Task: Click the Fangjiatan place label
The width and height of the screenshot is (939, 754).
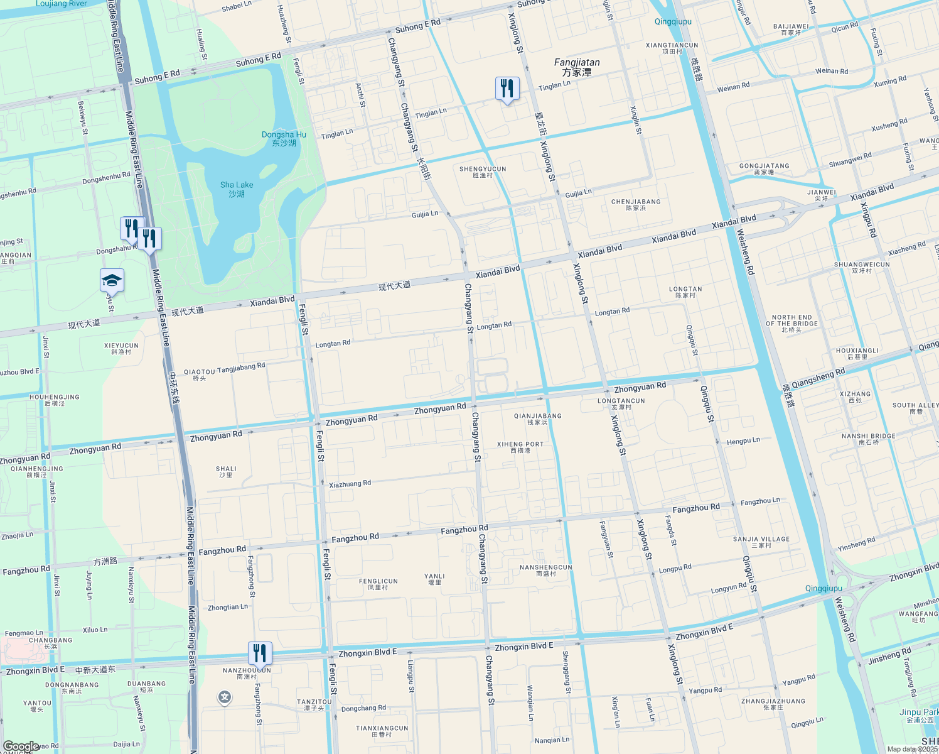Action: [577, 67]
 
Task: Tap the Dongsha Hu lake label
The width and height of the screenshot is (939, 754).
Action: [284, 139]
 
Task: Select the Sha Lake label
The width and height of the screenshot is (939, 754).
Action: [237, 189]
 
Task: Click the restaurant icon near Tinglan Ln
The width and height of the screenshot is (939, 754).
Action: [507, 89]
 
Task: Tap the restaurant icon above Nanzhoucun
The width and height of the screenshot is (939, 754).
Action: [260, 653]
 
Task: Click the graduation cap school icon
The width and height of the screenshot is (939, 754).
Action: [112, 280]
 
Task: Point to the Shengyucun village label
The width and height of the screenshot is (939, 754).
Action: [483, 172]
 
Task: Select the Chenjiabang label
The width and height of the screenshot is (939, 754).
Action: [636, 205]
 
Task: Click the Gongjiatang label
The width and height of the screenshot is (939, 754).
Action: [764, 169]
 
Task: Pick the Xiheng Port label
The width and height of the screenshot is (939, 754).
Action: [520, 447]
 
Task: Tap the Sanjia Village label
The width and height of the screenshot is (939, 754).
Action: [761, 542]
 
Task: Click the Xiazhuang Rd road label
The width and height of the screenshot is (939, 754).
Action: [350, 484]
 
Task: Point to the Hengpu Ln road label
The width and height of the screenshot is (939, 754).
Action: [743, 441]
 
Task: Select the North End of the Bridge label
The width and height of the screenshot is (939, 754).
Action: [791, 324]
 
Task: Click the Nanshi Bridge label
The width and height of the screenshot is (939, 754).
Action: [869, 439]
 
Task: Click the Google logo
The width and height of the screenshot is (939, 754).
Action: [21, 746]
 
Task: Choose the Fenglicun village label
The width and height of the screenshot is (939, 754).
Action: [378, 584]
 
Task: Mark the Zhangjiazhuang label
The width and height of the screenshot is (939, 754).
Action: [773, 704]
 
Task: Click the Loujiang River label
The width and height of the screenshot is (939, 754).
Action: [61, 4]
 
